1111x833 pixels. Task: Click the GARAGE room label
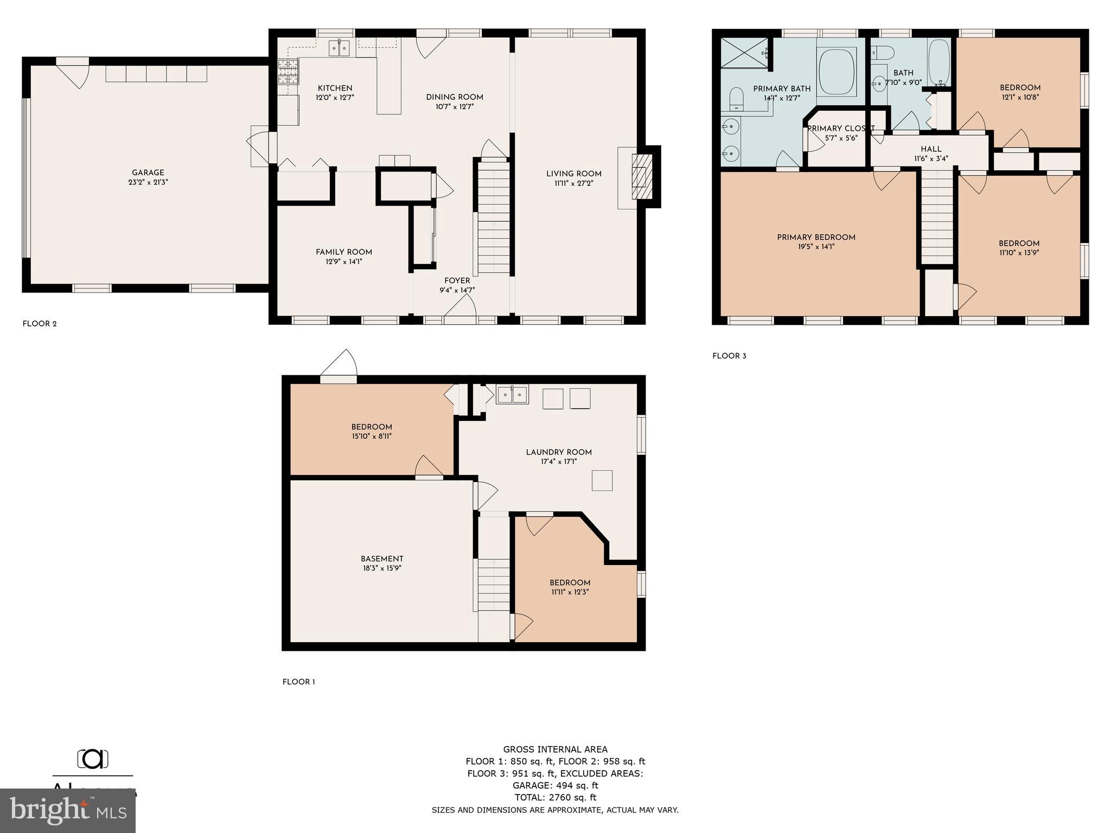148,173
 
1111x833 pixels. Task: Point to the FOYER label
457,281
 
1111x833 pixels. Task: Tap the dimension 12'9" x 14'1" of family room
343,262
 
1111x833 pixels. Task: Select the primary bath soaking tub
837,73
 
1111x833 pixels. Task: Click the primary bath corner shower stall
744,53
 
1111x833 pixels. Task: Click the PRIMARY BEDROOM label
816,238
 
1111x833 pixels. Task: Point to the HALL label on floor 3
931,149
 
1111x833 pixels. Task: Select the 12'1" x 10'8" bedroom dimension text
1020,98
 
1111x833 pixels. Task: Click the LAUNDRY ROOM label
559,452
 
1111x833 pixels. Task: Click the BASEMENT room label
382,559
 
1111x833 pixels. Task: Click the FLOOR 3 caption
729,356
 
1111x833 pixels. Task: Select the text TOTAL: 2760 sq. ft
555,797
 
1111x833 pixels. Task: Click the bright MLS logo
68,810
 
